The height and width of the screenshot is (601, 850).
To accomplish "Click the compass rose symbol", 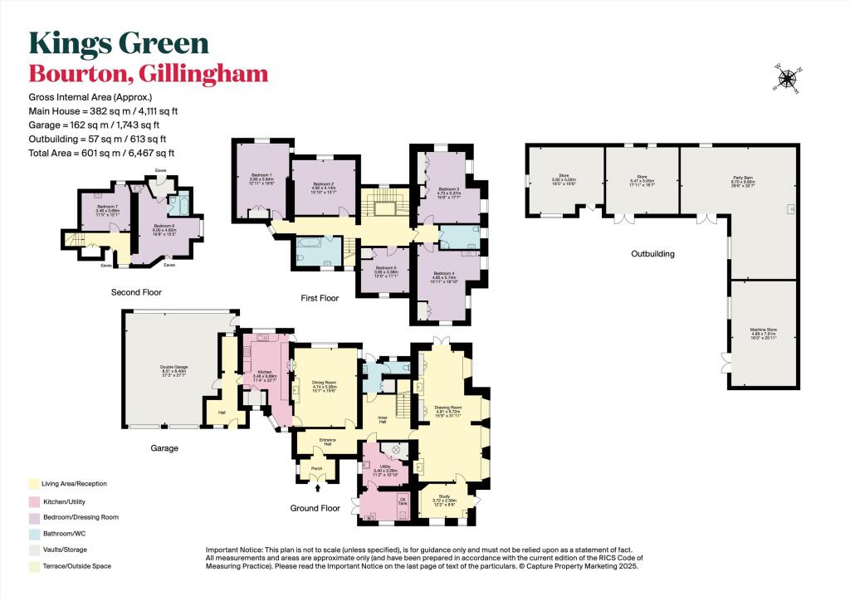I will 786,78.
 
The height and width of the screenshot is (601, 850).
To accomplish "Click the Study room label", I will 444,497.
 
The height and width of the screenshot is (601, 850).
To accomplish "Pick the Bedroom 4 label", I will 445,278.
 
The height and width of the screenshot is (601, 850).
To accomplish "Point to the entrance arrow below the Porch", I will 317,488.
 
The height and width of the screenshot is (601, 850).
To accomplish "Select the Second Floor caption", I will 136,292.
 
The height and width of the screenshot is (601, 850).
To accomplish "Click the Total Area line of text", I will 102,153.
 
